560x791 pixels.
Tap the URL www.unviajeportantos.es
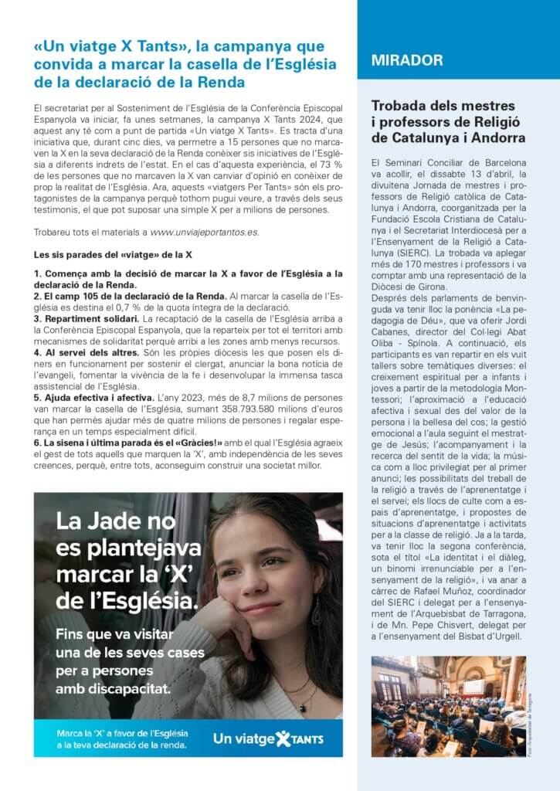(205, 232)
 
